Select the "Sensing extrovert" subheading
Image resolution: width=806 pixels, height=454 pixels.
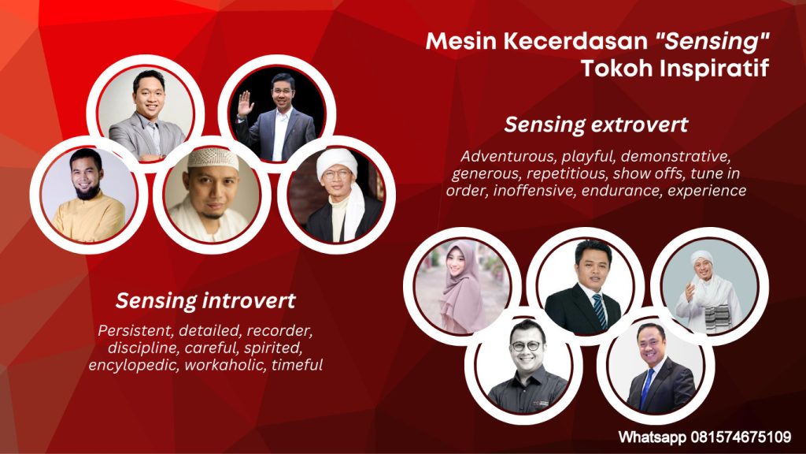point(596,125)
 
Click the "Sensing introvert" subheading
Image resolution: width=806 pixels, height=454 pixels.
point(205,300)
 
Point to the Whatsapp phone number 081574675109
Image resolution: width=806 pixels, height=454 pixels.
point(741,437)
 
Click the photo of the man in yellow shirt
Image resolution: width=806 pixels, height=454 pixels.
point(88,195)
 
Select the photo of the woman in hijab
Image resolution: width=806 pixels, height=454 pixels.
point(463,286)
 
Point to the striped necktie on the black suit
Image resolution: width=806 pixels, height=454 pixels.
point(599,311)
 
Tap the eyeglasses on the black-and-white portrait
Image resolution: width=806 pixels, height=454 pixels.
point(525,346)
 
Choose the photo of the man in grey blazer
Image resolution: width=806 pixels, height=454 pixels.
point(146,113)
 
